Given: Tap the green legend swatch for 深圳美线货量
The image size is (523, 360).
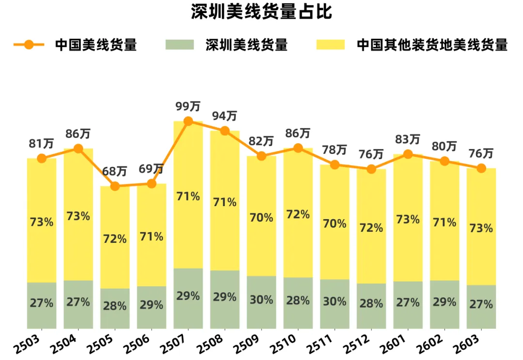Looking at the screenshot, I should [x=179, y=45].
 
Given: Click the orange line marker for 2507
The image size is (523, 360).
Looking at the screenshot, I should [x=188, y=121].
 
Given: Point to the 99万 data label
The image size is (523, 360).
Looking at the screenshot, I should [x=188, y=106].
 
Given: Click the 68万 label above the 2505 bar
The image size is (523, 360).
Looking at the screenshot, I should [x=115, y=172].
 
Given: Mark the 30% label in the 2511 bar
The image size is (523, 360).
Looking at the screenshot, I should [x=335, y=301].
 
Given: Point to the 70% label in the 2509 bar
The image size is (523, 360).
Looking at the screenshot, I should [x=261, y=218].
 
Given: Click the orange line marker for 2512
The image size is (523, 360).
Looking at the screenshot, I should [x=371, y=169].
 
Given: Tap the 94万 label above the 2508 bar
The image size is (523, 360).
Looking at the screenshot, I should [x=225, y=117].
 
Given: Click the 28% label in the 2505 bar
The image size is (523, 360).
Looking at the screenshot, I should [x=115, y=306].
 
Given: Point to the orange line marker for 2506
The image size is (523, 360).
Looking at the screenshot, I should [x=152, y=184].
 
